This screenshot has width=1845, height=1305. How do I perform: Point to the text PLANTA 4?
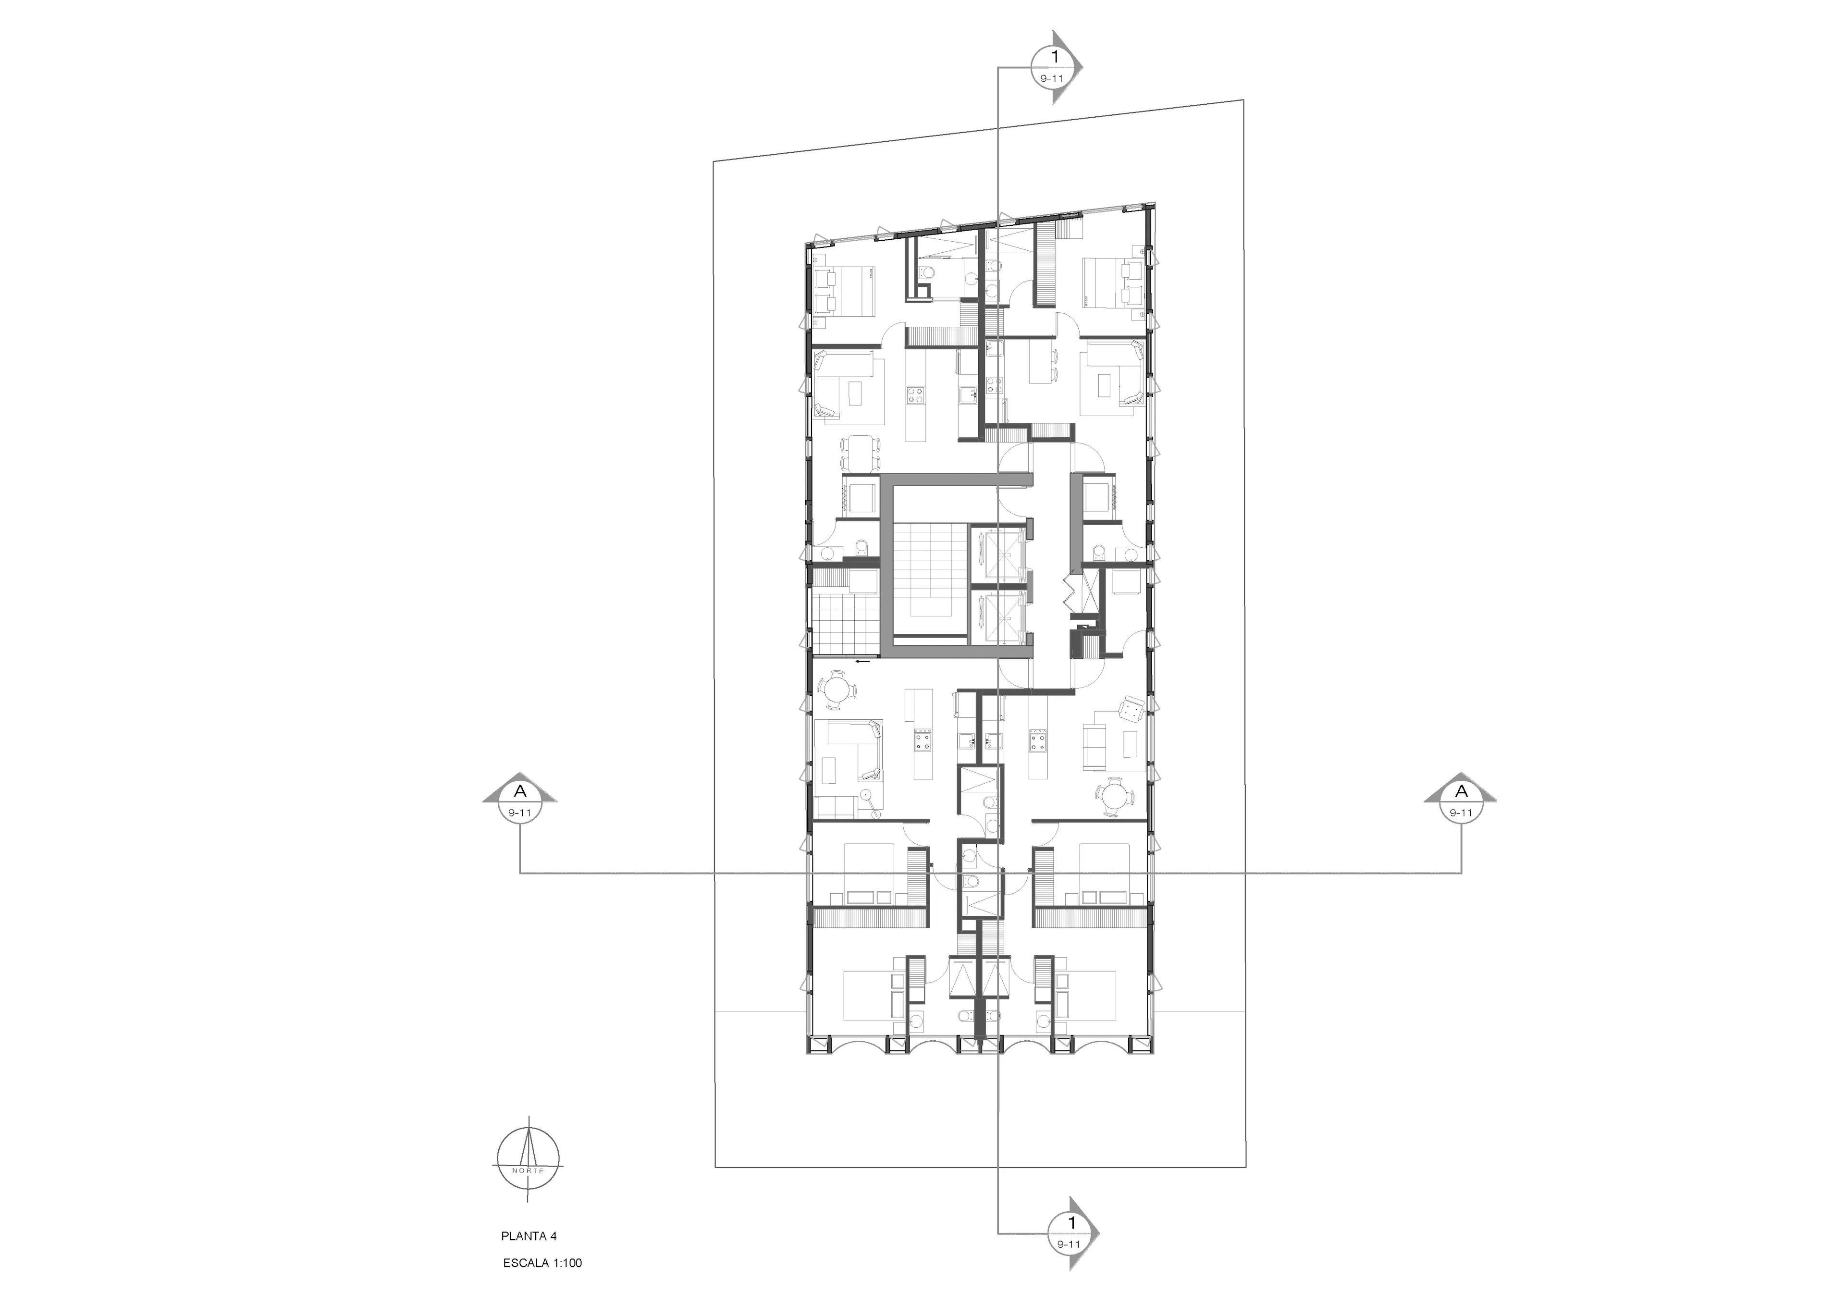click(x=529, y=1236)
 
